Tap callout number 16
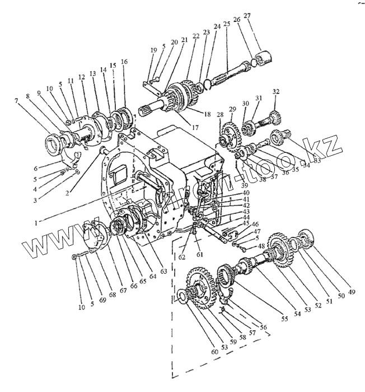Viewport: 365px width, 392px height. [x=124, y=62]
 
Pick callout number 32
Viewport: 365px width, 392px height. [x=275, y=91]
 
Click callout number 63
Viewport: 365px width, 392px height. [x=163, y=272]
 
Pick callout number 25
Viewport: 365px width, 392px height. [x=226, y=24]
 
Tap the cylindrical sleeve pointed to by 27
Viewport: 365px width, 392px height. [x=263, y=57]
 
